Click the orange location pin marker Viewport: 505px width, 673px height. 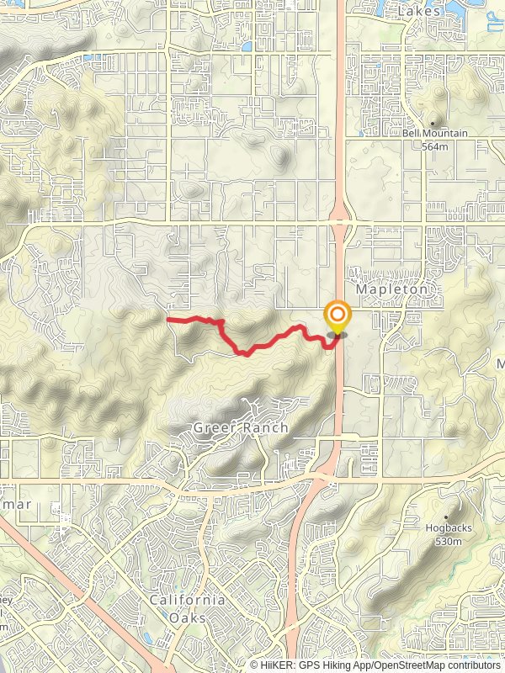[338, 319]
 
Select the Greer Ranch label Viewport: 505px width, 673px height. [241, 427]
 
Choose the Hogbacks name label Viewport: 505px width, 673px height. [443, 529]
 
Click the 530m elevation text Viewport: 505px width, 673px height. [444, 541]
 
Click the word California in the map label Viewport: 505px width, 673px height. [187, 600]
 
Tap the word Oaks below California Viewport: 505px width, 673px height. [188, 614]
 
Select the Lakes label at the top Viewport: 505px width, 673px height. [420, 12]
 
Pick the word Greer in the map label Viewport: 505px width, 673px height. [212, 427]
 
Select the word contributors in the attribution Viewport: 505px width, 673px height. [472, 665]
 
